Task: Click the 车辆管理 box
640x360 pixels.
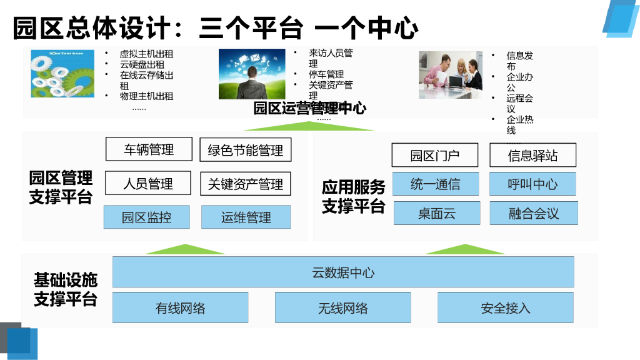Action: pos(149,149)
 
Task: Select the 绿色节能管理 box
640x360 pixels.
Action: pos(245,150)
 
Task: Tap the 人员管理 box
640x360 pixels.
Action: pos(148,184)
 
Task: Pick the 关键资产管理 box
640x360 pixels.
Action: pos(246,184)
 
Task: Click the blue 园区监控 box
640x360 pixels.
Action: pos(147,217)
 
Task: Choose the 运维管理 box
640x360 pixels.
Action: pos(246,217)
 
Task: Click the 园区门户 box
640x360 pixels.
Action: pos(435,155)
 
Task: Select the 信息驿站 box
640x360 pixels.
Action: pos(532,155)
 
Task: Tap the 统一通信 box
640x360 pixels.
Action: pos(436,184)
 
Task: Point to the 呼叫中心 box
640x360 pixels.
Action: pos(532,184)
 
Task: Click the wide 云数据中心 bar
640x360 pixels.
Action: pos(343,272)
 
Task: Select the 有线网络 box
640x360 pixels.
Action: pos(180,307)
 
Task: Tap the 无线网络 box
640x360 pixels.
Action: pos(342,307)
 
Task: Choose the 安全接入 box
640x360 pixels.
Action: pos(505,307)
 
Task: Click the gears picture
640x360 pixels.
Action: pos(62,73)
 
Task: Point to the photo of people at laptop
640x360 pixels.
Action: pos(451,74)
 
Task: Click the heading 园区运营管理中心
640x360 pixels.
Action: pos(309,108)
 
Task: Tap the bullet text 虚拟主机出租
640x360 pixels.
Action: pos(146,54)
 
